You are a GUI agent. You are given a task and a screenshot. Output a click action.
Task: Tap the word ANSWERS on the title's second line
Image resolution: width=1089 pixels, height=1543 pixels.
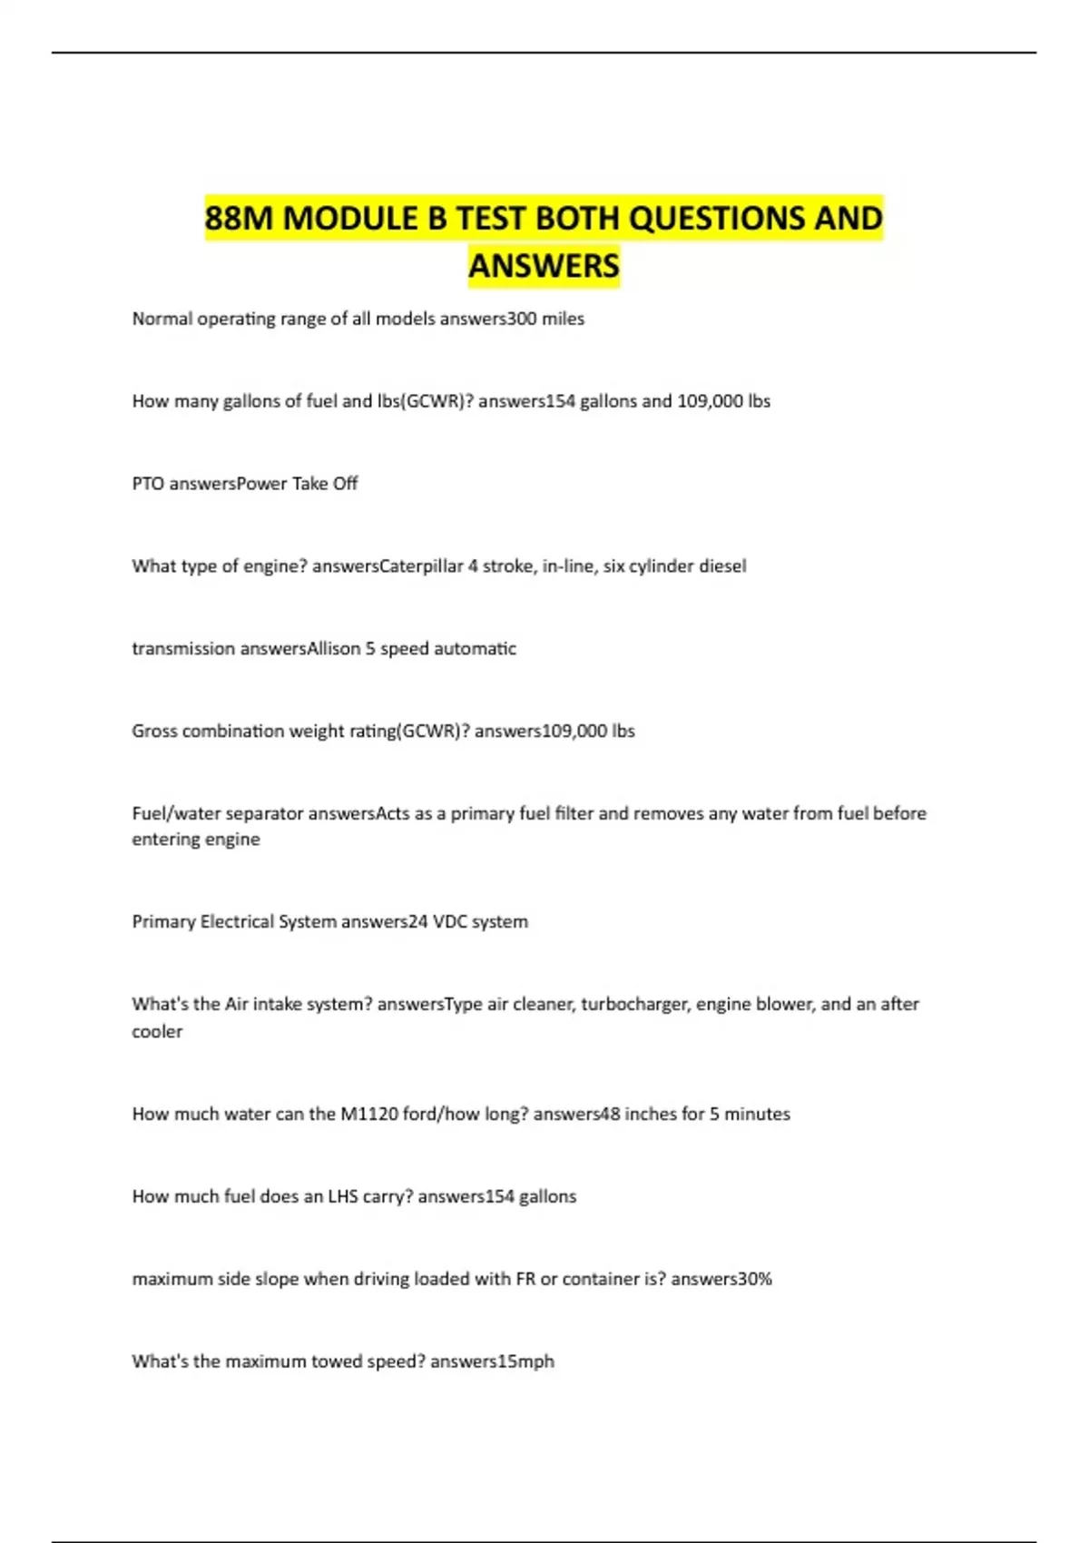[544, 266]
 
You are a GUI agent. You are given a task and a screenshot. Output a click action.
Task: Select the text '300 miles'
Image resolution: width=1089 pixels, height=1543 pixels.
[546, 319]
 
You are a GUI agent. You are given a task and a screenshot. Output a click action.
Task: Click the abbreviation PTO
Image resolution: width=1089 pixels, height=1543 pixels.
[148, 484]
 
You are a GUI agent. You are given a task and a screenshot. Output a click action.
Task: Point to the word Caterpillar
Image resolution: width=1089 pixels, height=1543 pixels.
[420, 566]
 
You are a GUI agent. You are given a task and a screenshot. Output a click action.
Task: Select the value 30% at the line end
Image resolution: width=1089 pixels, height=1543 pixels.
[755, 1279]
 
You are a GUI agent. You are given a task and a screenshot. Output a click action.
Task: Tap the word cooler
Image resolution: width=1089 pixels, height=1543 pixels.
[157, 1031]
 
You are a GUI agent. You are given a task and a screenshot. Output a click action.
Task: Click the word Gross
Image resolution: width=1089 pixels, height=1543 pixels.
[154, 731]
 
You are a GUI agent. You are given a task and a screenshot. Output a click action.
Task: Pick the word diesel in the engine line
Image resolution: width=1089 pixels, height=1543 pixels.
[722, 566]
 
